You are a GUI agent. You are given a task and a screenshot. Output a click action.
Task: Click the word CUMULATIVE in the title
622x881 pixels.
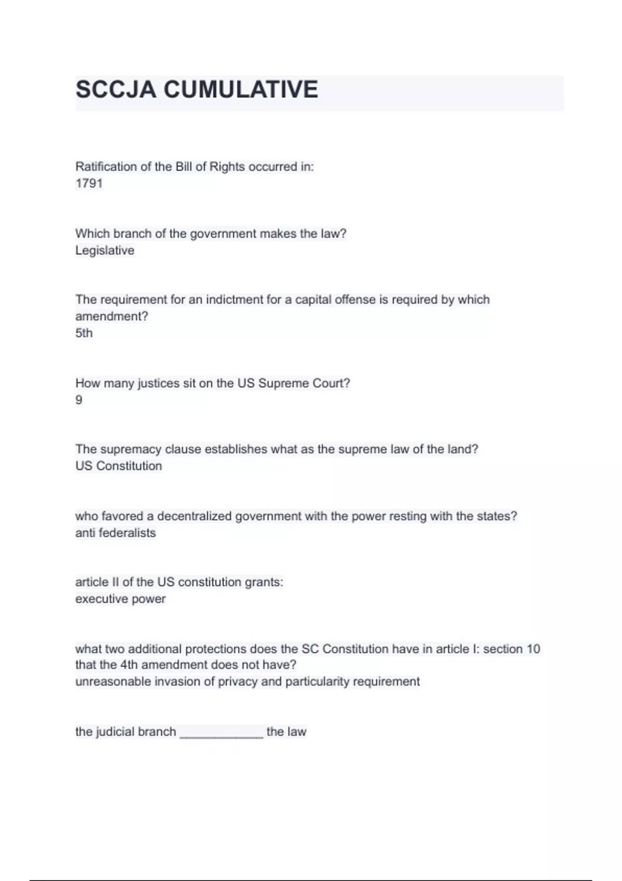click(241, 90)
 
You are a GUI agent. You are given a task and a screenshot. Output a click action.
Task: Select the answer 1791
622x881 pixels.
click(89, 183)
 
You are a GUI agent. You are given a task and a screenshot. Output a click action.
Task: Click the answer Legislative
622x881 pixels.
click(105, 250)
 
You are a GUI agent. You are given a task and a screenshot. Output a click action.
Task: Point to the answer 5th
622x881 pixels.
click(84, 333)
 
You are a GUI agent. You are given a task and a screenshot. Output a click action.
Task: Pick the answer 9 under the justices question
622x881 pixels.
click(79, 400)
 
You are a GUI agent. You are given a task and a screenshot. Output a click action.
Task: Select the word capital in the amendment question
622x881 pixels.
click(315, 300)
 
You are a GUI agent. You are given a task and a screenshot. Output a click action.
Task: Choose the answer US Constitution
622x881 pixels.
click(119, 466)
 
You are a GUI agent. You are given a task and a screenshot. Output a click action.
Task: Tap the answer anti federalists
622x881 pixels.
click(116, 533)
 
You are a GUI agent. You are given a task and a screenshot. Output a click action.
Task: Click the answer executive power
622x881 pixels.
click(120, 599)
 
